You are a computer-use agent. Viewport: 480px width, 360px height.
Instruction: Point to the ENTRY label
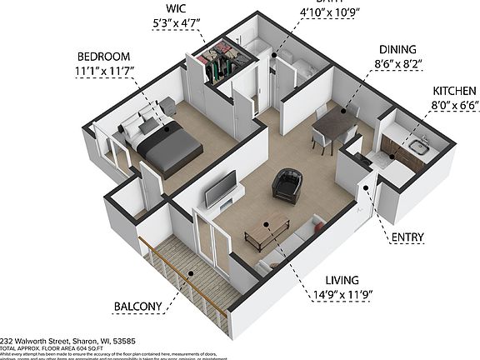point(407,237)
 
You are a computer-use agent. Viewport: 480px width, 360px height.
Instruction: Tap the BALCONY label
point(137,306)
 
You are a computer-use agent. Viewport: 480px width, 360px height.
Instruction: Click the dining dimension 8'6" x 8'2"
point(374,65)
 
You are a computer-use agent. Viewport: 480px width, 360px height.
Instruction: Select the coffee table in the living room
point(267,232)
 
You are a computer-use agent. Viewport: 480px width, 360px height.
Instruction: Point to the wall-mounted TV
point(220,190)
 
